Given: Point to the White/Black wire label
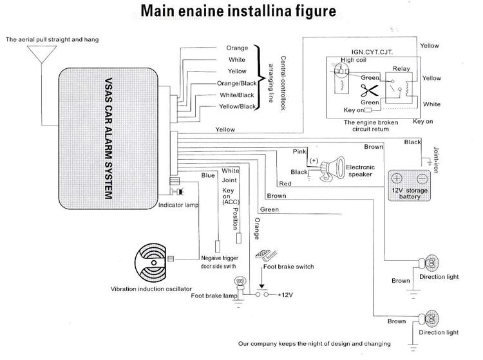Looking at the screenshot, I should (x=236, y=95).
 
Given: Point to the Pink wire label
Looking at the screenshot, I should (x=299, y=151).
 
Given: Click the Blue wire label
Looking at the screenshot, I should (x=207, y=175).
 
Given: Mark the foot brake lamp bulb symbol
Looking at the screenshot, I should (x=241, y=283).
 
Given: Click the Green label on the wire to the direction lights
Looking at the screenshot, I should (x=269, y=209).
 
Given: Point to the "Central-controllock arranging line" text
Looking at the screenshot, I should (x=274, y=79).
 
